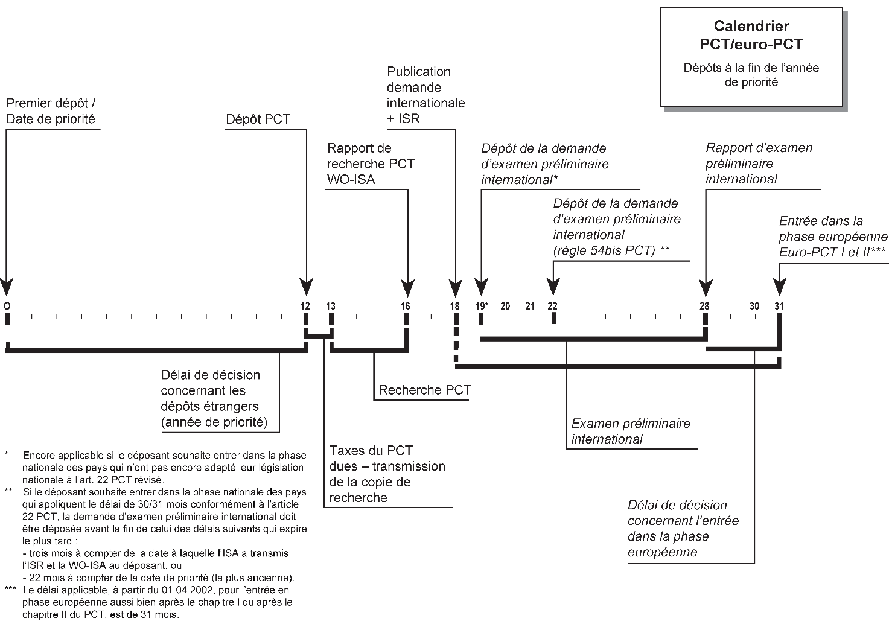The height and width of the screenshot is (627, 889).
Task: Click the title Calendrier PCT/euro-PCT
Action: [751, 35]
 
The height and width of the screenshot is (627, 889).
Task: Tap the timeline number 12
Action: [305, 306]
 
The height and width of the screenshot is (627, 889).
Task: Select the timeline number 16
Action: [406, 306]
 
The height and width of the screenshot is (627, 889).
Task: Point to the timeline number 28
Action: [704, 306]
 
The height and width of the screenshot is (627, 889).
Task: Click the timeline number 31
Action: [779, 306]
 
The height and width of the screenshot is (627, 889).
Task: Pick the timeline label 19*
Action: [481, 306]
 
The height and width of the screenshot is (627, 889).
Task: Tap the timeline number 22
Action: [552, 306]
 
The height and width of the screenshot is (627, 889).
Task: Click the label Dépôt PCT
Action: [258, 119]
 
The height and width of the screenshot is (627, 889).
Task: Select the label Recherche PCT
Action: [425, 390]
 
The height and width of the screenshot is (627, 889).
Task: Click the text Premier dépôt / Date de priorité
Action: [51, 111]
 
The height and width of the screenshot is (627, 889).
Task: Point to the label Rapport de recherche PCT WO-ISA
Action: [371, 164]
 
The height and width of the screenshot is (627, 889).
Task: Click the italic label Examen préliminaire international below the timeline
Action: [630, 431]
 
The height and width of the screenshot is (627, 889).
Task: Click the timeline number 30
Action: [754, 306]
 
